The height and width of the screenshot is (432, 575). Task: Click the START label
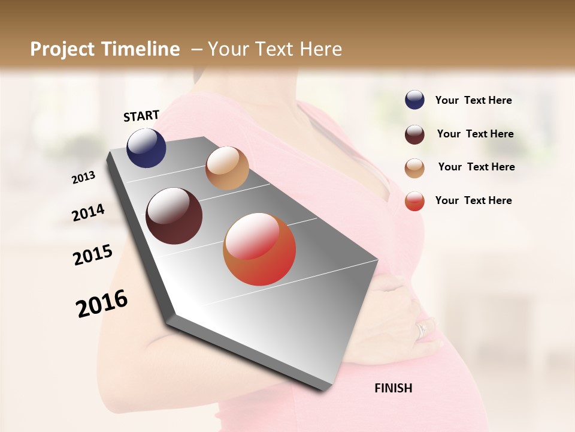pyautogui.click(x=141, y=116)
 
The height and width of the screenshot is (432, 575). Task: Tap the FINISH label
pyautogui.click(x=393, y=388)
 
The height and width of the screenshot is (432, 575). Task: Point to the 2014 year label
pyautogui.click(x=88, y=212)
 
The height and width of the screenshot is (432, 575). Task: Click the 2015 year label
pyautogui.click(x=93, y=255)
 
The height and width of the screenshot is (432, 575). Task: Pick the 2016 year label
pyautogui.click(x=102, y=304)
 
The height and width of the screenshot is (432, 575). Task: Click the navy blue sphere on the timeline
pyautogui.click(x=146, y=148)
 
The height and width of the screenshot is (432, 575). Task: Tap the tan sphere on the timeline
pyautogui.click(x=227, y=168)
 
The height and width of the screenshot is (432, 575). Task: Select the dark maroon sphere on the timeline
pyautogui.click(x=174, y=216)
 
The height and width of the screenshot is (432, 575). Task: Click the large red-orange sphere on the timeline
pyautogui.click(x=259, y=249)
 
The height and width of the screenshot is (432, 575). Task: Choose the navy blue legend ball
pyautogui.click(x=414, y=100)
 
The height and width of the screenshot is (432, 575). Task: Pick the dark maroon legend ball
pyautogui.click(x=414, y=134)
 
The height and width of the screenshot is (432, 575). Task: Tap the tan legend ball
pyautogui.click(x=414, y=167)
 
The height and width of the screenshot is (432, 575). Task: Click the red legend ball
pyautogui.click(x=414, y=200)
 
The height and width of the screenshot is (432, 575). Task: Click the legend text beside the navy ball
pyautogui.click(x=473, y=100)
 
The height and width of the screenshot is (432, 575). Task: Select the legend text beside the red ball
pyautogui.click(x=473, y=200)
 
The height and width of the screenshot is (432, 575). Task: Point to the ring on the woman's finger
pyautogui.click(x=422, y=329)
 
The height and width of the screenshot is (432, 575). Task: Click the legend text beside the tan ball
pyautogui.click(x=476, y=167)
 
